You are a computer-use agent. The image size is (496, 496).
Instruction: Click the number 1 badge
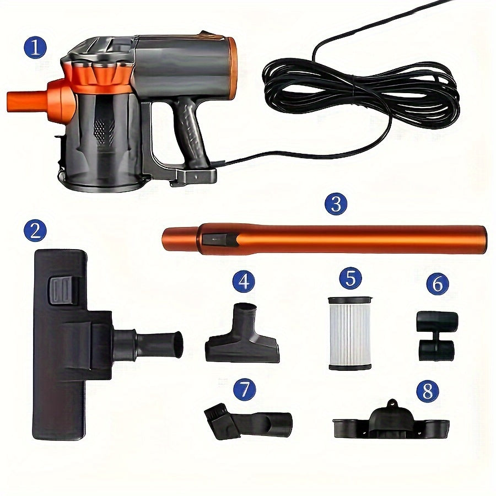(x=35, y=48)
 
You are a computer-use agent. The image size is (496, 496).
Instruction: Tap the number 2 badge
(x=35, y=230)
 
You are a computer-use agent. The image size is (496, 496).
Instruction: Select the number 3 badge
(x=336, y=204)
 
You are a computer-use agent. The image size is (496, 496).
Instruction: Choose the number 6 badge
(x=438, y=284)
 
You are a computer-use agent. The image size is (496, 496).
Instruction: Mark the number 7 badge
(x=244, y=390)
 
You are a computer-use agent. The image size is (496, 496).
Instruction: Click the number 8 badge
(x=427, y=391)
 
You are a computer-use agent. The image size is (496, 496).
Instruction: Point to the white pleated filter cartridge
(x=350, y=333)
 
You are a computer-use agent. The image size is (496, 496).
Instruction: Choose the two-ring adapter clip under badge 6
(x=436, y=336)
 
